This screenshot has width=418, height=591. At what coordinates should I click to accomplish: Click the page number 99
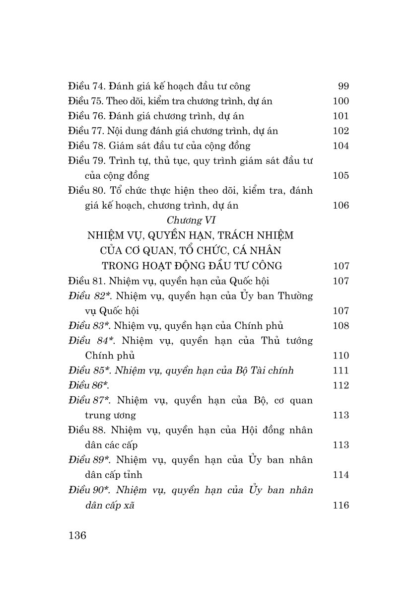click(343, 86)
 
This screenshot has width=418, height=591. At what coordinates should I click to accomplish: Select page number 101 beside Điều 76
click(341, 116)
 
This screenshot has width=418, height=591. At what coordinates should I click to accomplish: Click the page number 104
click(341, 146)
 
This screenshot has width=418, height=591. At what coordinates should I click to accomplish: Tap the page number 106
click(341, 206)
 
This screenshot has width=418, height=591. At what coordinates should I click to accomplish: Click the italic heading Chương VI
click(191, 221)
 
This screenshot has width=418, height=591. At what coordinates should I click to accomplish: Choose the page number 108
click(341, 326)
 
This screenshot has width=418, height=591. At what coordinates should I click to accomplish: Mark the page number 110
click(341, 356)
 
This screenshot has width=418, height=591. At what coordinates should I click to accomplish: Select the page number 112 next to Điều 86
click(341, 385)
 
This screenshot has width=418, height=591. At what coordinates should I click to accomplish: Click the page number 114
click(341, 475)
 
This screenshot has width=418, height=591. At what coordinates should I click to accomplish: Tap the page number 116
click(341, 506)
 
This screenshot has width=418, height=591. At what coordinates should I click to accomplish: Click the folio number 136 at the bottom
click(77, 536)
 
